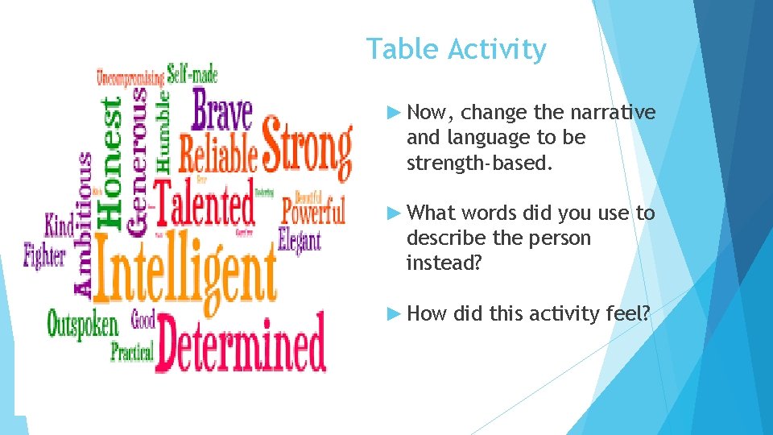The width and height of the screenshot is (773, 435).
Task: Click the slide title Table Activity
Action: [457, 50]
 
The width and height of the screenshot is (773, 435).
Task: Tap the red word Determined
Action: [242, 343]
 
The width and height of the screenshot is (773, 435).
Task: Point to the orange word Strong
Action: [307, 148]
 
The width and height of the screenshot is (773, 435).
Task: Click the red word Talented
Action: [204, 202]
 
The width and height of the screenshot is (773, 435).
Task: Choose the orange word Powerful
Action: [313, 212]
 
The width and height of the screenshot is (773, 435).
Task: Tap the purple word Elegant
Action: [300, 239]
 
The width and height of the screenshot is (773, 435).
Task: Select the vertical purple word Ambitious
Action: [83, 223]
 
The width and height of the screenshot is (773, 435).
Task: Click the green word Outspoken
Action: [82, 324]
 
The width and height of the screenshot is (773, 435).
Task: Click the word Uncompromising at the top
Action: [130, 78]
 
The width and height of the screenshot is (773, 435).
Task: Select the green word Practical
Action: [131, 352]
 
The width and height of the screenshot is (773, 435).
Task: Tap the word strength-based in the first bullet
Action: [479, 164]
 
